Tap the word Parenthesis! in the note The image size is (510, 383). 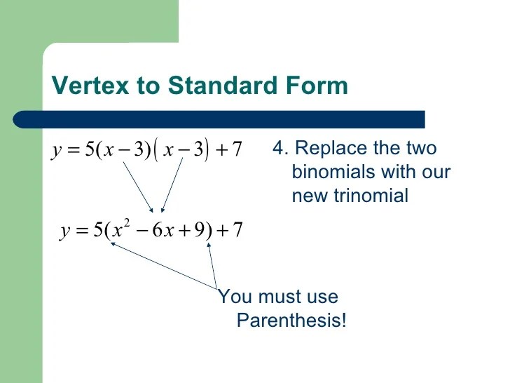pyautogui.click(x=291, y=321)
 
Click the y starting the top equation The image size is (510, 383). pyautogui.click(x=55, y=151)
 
